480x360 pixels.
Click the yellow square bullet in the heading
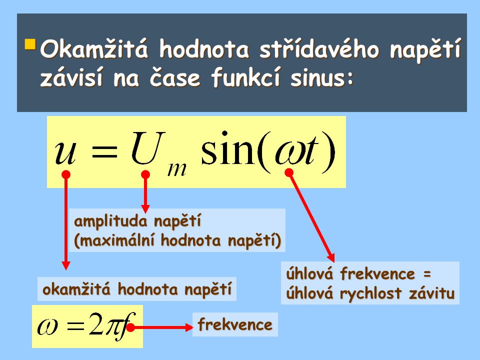tap(30, 45)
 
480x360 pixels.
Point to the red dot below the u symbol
tap(65, 174)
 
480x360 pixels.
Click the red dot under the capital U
tap(145, 174)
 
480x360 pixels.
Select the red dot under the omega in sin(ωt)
tap(288, 172)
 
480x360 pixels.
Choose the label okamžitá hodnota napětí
tap(137, 289)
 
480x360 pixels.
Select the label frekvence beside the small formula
tap(235, 325)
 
